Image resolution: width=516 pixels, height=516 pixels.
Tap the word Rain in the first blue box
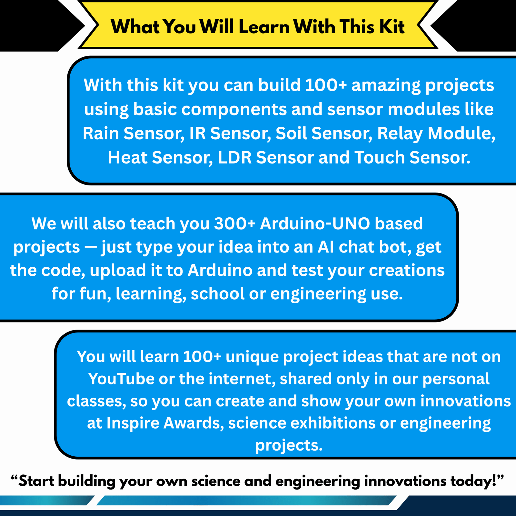tap(101, 133)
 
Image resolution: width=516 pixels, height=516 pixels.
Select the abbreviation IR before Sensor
tap(197, 133)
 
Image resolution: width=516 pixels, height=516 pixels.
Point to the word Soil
tap(291, 133)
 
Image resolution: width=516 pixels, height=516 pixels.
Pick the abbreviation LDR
tap(235, 157)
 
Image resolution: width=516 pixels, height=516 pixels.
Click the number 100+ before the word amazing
tap(326, 85)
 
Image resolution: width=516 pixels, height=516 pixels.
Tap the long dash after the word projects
tap(91, 248)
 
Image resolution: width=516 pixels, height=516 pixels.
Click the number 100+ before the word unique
tap(202, 357)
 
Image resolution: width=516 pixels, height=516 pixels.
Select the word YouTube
tap(121, 379)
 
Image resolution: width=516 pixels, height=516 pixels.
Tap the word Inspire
tap(133, 423)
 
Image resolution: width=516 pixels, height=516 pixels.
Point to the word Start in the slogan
tap(36, 481)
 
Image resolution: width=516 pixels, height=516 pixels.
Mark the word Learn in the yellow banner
tap(264, 26)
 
